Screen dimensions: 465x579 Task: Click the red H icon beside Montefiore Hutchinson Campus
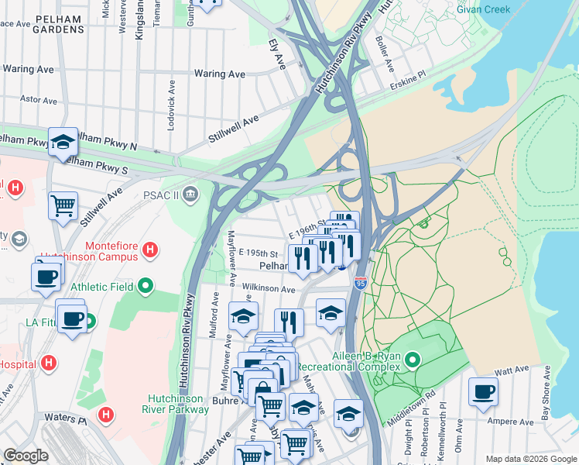(152, 250)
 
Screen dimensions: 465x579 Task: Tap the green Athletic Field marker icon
(146, 287)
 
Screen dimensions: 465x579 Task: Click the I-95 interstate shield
(361, 284)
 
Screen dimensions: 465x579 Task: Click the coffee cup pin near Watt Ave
(484, 392)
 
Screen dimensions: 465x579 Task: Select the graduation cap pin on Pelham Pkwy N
(63, 142)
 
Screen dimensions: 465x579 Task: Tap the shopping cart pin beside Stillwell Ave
(63, 206)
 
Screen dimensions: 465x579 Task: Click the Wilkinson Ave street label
(269, 289)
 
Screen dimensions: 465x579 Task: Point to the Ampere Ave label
(513, 422)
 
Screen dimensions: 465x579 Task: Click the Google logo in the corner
(26, 456)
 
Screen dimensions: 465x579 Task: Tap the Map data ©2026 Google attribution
(530, 459)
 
